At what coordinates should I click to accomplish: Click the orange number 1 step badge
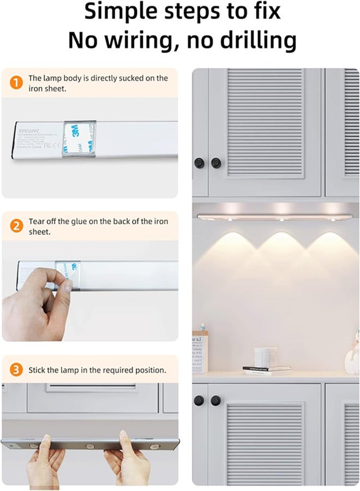17,83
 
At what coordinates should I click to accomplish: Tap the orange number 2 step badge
17,226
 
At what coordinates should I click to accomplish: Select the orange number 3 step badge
17,370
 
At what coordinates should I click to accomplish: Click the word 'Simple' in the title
124,10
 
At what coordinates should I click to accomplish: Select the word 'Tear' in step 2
37,221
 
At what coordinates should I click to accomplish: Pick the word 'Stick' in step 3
38,370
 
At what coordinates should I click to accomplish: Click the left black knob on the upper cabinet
199,162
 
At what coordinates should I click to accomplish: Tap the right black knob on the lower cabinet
216,400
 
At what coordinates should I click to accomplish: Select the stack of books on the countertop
267,369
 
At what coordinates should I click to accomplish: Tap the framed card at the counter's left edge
200,352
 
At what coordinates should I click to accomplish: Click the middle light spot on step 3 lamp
91,446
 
